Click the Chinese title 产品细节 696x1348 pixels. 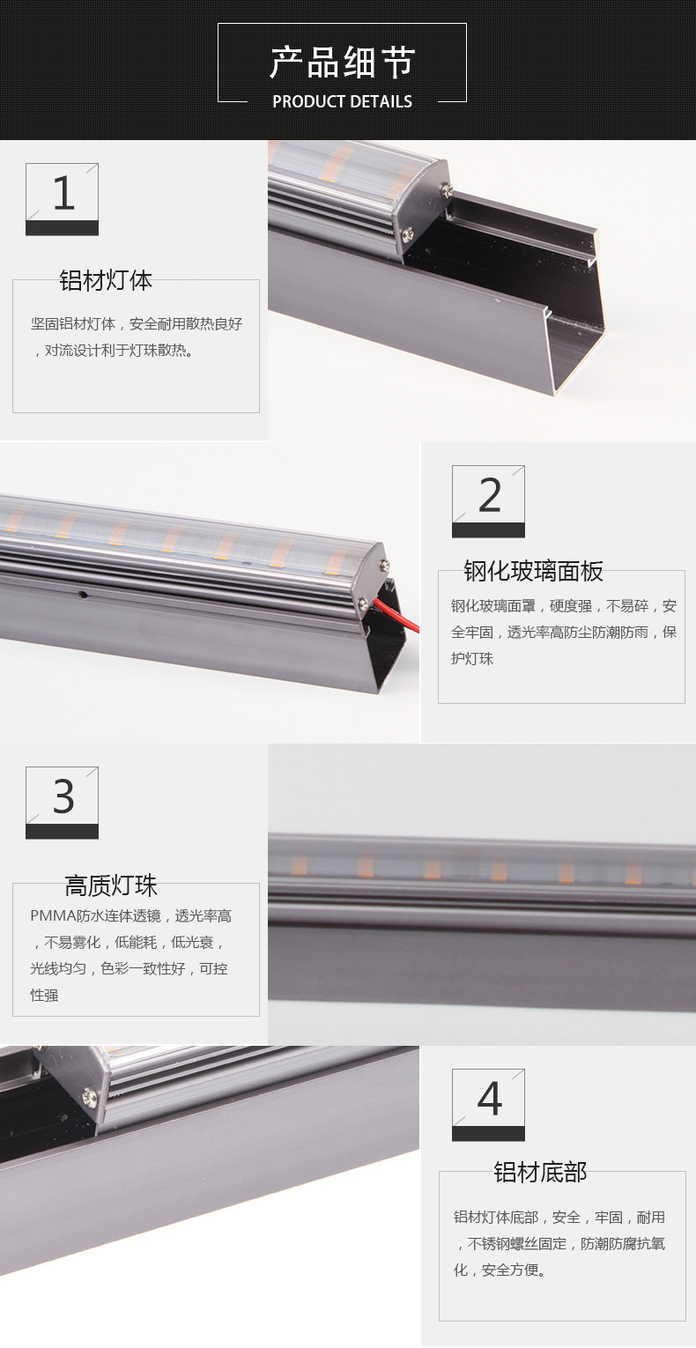tap(343, 63)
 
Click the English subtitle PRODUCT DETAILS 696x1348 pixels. tap(343, 101)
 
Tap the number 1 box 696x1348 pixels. tap(62, 199)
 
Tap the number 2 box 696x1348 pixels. tap(488, 501)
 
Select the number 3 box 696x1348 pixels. tap(62, 803)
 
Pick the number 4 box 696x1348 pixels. tap(488, 1105)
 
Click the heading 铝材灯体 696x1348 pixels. tap(106, 280)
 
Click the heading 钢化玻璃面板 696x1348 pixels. tap(533, 571)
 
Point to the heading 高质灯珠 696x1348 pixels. tap(111, 885)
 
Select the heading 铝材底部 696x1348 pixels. tap(540, 1173)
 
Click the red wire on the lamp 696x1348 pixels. tap(397, 613)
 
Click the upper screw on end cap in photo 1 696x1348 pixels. tap(447, 190)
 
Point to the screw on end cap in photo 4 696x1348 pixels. tap(90, 1098)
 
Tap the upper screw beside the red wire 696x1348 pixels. tap(383, 565)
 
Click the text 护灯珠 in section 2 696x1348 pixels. tap(472, 659)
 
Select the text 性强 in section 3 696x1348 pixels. tap(45, 996)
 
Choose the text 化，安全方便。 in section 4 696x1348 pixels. tap(500, 1270)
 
